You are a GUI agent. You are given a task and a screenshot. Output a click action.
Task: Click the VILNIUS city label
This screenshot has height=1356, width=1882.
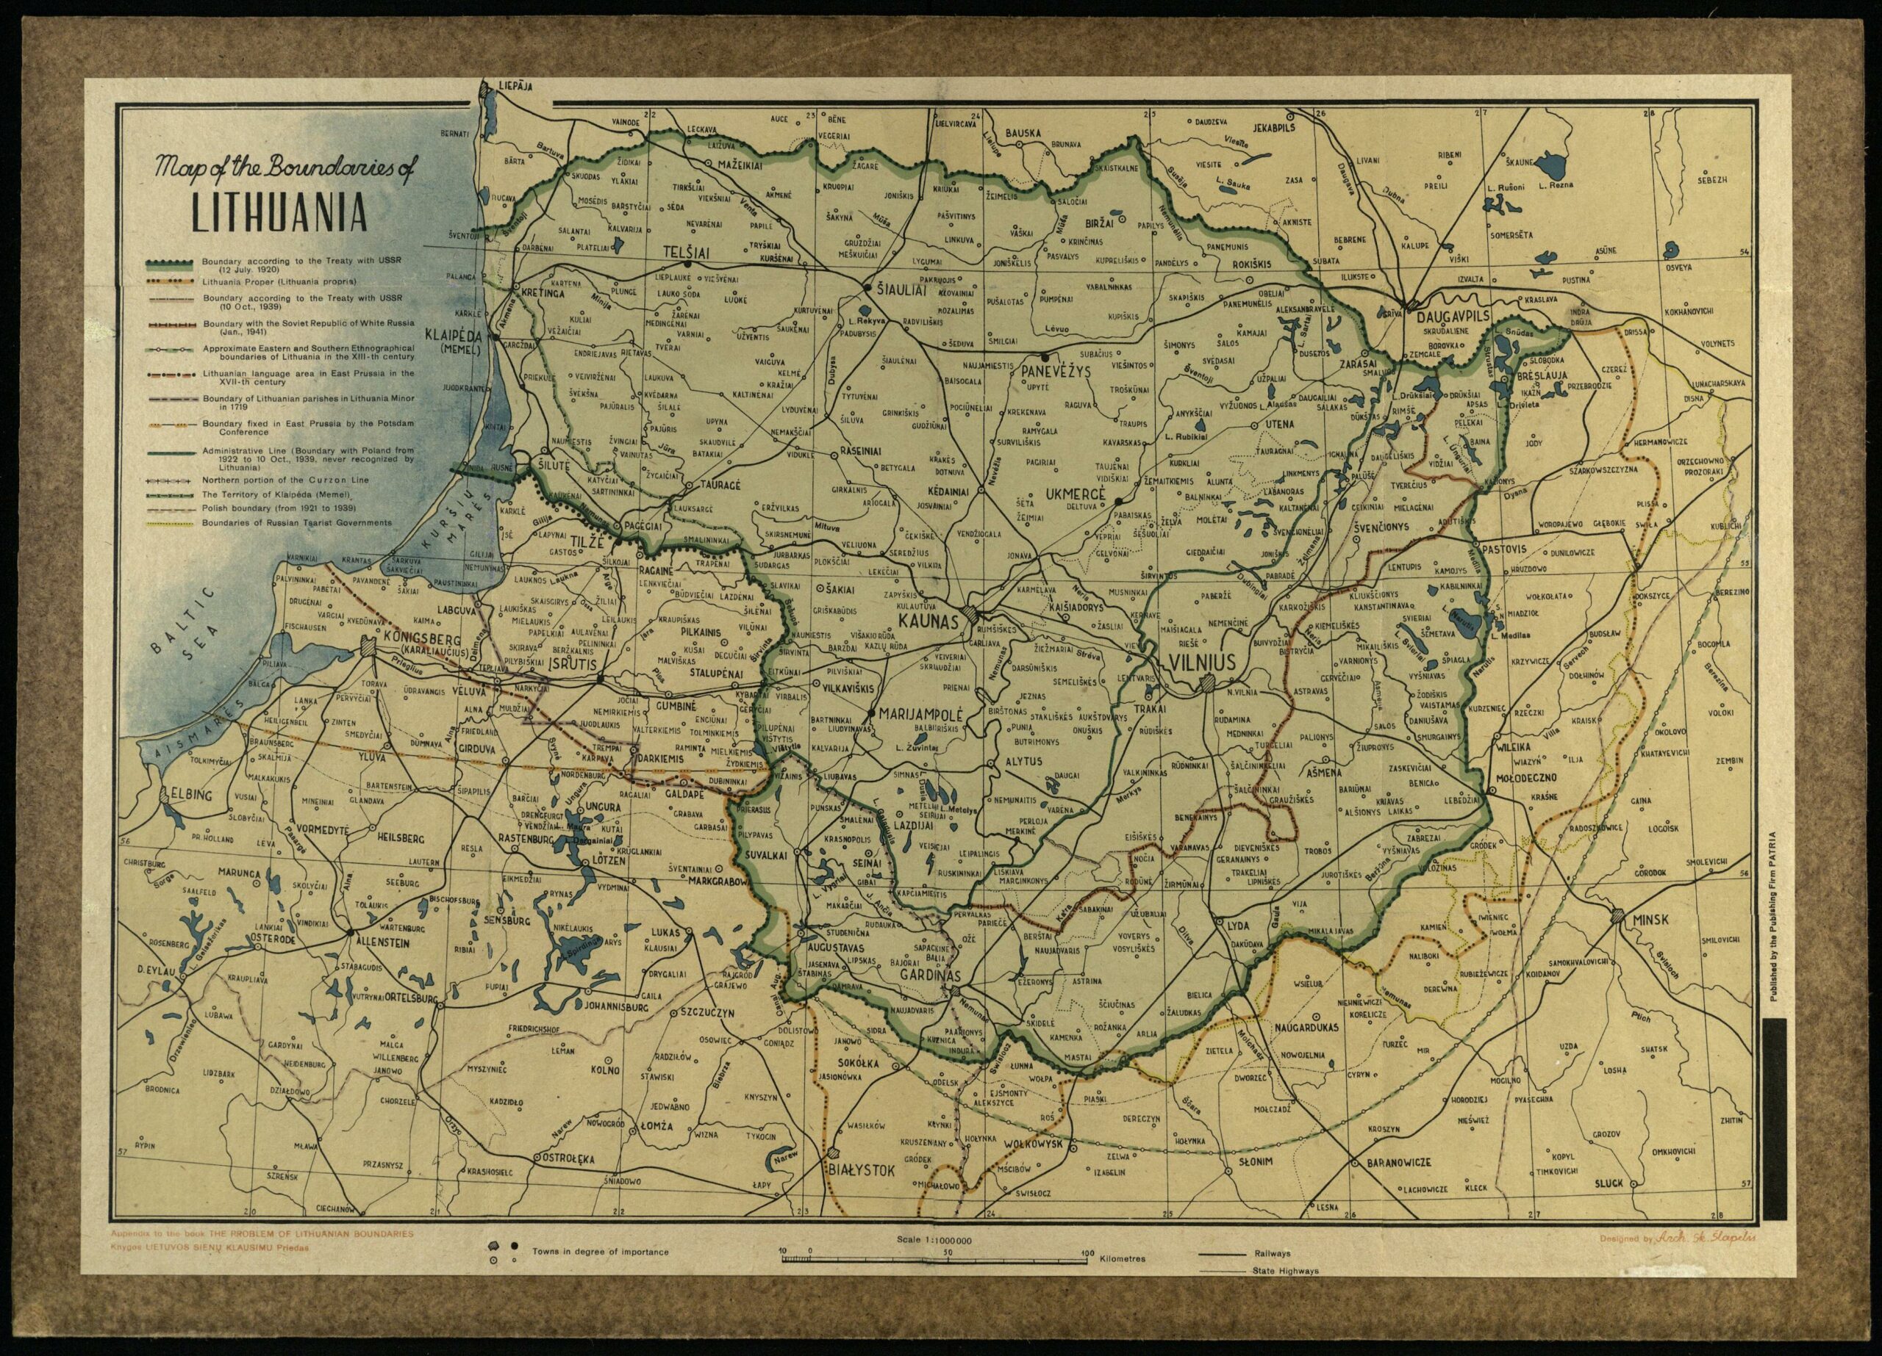[1201, 661]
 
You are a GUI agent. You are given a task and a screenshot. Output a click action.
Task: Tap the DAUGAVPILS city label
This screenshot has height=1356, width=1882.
[1454, 317]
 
